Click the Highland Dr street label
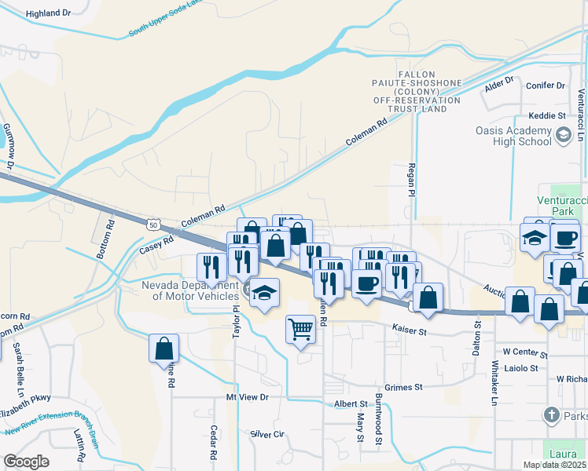point(48,13)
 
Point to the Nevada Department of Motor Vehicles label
point(189,290)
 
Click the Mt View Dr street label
point(247,397)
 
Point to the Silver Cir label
point(266,434)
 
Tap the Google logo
point(26,461)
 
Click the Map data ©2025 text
point(554,465)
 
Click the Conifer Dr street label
point(549,86)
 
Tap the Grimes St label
point(404,387)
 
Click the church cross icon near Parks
point(552,414)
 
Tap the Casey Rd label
point(156,247)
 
